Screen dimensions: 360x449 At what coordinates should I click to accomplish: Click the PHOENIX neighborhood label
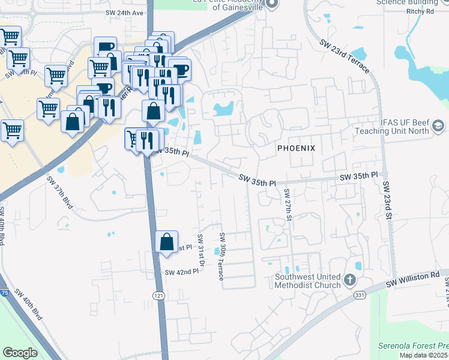[x=296, y=148]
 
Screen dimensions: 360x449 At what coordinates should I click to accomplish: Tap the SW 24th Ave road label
[x=125, y=13]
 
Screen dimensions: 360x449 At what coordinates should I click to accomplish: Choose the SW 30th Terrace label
[x=221, y=256]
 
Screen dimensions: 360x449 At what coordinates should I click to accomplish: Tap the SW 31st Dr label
[x=201, y=248]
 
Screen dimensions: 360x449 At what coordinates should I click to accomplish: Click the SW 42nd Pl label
[x=181, y=272]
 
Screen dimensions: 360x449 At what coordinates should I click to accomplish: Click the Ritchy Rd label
[x=420, y=11]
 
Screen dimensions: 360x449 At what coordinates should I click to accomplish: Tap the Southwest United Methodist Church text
[x=307, y=281]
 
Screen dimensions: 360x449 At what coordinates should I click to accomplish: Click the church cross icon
[x=350, y=280]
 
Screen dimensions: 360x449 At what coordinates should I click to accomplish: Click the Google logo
[x=20, y=352]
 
